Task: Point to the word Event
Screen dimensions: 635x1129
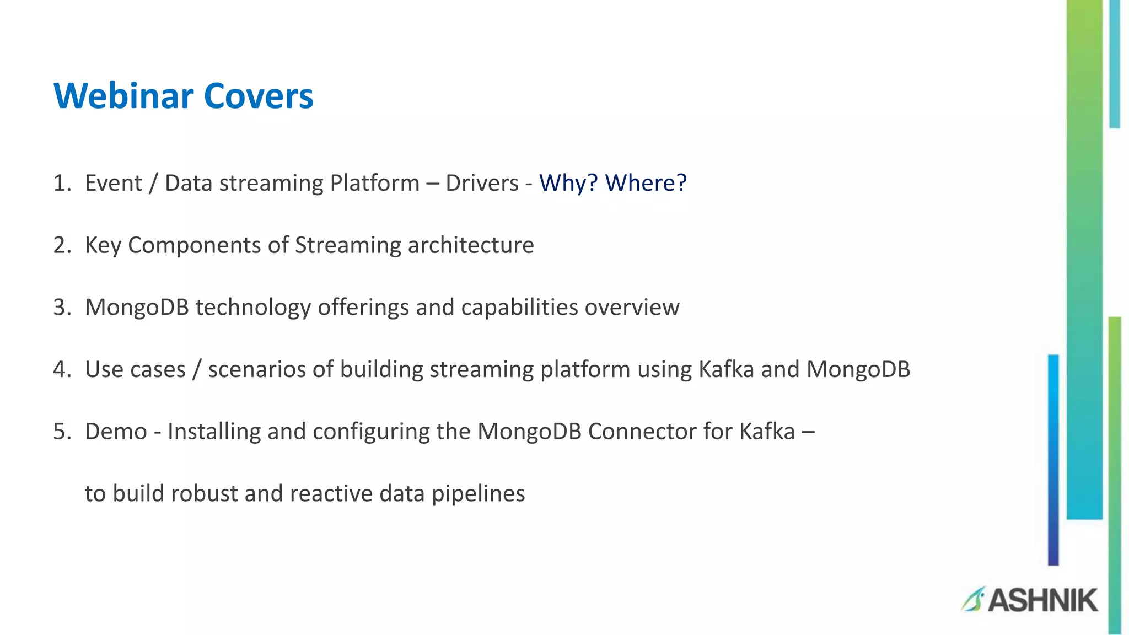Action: pos(113,183)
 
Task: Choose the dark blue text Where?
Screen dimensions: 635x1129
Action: pos(646,183)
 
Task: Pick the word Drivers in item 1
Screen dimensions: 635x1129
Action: pos(482,183)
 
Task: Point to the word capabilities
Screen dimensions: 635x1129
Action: pos(519,308)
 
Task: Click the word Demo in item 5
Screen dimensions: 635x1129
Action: pos(116,431)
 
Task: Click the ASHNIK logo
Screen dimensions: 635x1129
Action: pos(1030,600)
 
